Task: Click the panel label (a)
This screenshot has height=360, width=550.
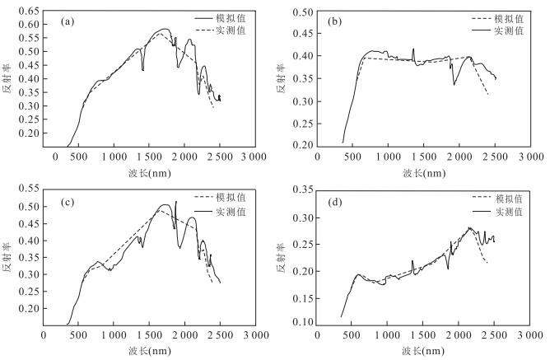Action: click(x=70, y=22)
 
